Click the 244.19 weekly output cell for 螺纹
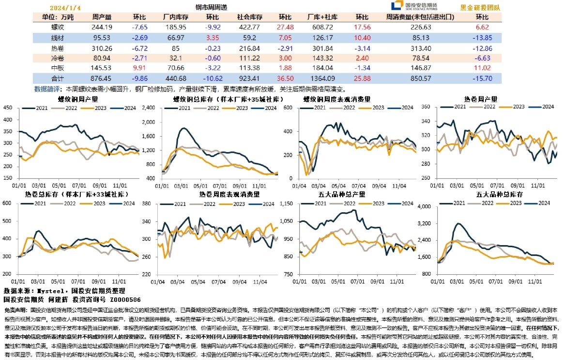pos(102,27)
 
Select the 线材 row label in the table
pos(58,37)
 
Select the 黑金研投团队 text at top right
pos(480,7)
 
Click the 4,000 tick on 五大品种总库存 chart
pos(424,207)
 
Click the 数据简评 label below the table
pos(48,89)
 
